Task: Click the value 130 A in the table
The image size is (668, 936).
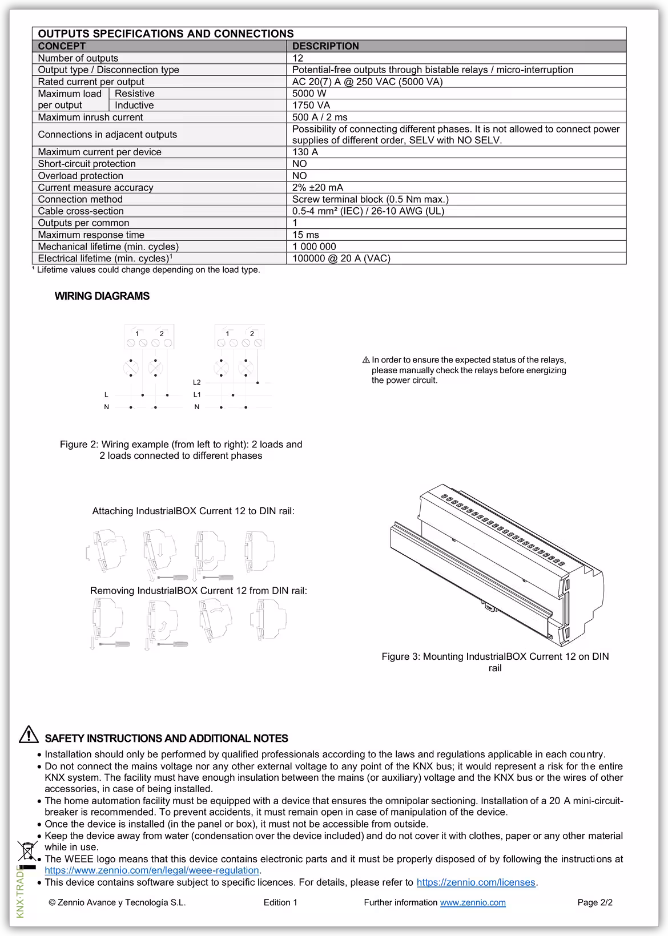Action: click(305, 152)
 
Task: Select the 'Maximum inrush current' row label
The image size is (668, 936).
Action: click(90, 117)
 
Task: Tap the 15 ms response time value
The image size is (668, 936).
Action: click(305, 235)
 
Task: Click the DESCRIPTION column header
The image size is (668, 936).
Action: click(325, 46)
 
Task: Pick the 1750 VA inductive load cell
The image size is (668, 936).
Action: click(311, 105)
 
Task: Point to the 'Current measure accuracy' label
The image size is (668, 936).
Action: click(95, 187)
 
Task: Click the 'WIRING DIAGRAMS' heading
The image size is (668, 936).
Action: click(102, 296)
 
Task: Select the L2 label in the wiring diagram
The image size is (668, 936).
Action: click(197, 382)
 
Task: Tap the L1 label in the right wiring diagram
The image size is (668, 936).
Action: click(197, 394)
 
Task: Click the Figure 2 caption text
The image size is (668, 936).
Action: click(181, 450)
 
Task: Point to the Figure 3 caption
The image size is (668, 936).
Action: click(495, 662)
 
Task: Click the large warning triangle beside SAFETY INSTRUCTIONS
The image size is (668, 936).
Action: click(29, 735)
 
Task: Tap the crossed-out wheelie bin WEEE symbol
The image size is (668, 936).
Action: click(26, 852)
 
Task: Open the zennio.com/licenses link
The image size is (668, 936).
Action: click(476, 882)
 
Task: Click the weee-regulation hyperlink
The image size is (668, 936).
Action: click(152, 870)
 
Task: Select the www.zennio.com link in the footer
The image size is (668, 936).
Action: click(472, 902)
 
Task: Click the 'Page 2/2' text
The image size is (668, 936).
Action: click(595, 902)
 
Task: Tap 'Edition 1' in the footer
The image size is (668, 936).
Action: click(280, 902)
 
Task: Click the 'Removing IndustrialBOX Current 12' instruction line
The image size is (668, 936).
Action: click(198, 591)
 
